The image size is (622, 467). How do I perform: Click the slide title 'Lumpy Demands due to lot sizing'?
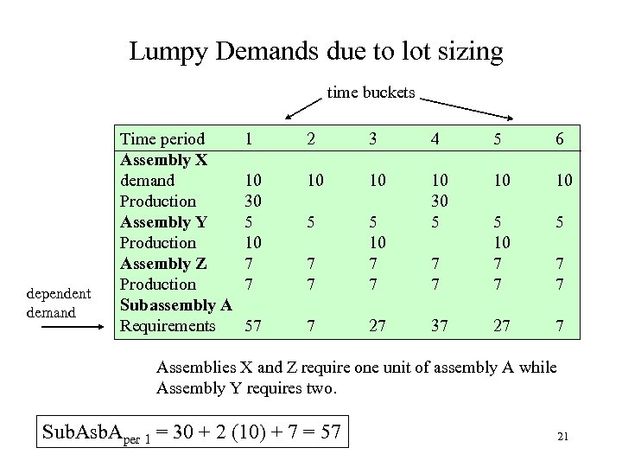click(315, 51)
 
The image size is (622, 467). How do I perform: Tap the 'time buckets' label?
click(371, 92)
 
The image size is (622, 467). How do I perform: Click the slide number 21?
click(562, 437)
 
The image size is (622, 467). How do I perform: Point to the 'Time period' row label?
click(162, 139)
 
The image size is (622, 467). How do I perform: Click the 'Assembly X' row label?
click(162, 160)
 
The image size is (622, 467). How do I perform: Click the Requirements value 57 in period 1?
click(254, 325)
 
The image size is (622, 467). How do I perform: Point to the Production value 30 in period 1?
click(254, 201)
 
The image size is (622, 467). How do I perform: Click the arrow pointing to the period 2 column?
click(302, 106)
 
